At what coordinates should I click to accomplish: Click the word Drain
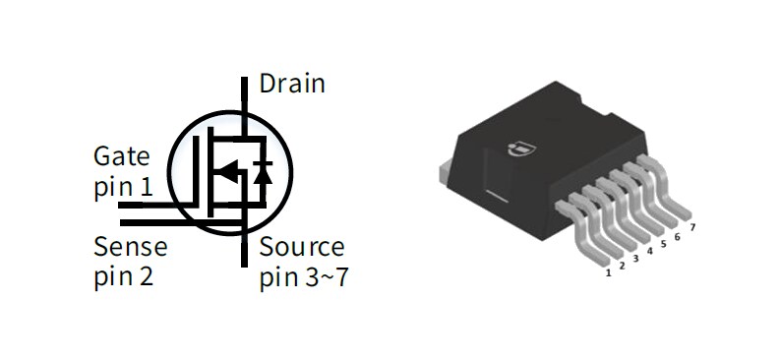tap(291, 84)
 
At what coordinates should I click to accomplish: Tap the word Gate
tap(122, 156)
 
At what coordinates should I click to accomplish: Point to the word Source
tap(302, 247)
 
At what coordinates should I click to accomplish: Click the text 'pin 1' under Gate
tap(123, 187)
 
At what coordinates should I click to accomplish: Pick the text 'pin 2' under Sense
tap(123, 277)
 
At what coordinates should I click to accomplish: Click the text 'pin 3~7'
tap(303, 278)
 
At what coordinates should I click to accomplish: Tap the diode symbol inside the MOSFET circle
tap(263, 173)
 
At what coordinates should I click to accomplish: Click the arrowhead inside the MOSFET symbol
tap(225, 173)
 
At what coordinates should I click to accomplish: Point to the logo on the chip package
tap(516, 149)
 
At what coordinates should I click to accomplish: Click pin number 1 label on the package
tap(609, 272)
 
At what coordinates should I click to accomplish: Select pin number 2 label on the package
tap(623, 266)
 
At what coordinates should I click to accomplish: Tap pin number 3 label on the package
tap(636, 259)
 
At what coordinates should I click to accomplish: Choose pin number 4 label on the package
tap(650, 252)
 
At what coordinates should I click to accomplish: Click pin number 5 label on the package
tap(664, 244)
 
